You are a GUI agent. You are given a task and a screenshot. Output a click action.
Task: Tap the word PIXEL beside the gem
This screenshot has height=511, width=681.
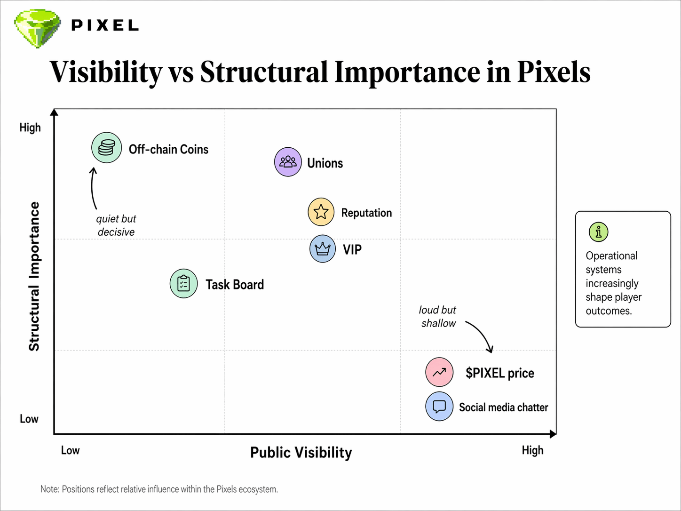(105, 25)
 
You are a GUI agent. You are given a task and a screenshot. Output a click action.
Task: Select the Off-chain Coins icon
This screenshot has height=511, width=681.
(107, 148)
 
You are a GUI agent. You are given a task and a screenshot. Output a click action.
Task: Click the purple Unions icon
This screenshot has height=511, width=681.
(288, 162)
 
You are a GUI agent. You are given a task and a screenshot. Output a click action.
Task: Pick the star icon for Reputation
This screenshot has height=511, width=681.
(321, 212)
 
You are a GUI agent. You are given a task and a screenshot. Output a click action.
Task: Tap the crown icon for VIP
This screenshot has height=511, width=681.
(323, 248)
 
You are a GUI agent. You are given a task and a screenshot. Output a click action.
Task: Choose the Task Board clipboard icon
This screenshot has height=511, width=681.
(183, 284)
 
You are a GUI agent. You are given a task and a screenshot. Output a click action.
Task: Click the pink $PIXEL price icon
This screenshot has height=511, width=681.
(439, 372)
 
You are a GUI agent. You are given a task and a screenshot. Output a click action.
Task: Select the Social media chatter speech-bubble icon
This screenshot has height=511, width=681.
(439, 407)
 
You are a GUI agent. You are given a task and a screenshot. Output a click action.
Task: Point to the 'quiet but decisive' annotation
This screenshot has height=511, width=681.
(116, 225)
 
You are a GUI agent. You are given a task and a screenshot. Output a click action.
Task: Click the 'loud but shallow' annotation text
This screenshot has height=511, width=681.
(438, 317)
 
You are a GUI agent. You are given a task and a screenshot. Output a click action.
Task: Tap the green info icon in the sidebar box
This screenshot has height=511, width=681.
(598, 232)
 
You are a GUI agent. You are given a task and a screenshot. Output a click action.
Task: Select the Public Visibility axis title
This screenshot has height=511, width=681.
(301, 453)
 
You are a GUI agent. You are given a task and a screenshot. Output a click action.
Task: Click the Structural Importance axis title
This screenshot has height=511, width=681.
(34, 277)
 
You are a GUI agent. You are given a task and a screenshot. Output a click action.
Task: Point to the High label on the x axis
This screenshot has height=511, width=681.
(532, 450)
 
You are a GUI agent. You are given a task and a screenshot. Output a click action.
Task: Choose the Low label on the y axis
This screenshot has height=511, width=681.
(29, 419)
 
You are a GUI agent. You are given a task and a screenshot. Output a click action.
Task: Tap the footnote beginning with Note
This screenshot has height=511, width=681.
(159, 489)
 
